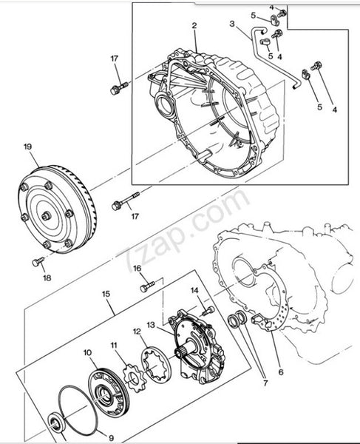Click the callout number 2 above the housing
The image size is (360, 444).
pos(194,26)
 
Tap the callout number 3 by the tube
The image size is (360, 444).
pos(232,24)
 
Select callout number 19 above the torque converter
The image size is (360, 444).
pos(27,147)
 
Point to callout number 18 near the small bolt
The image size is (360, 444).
pos(47,277)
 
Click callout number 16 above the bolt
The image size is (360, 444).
pos(137,268)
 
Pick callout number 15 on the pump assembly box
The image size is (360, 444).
pos(106,294)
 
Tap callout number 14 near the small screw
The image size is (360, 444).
pos(194,290)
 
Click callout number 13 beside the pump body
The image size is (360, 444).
pos(151,325)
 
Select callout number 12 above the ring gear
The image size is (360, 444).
pos(137,332)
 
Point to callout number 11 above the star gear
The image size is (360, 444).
pos(114,345)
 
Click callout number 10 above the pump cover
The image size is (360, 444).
pos(88,353)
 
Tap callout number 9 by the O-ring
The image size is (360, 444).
pos(111,438)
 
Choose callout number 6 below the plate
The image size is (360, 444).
pos(281,371)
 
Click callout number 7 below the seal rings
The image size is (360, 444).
pos(265,383)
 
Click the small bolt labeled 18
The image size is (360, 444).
pos(38,261)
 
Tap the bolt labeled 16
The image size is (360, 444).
pos(148,286)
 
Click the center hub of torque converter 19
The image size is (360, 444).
pos(46,216)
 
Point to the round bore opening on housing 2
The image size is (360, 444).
pos(165,105)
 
